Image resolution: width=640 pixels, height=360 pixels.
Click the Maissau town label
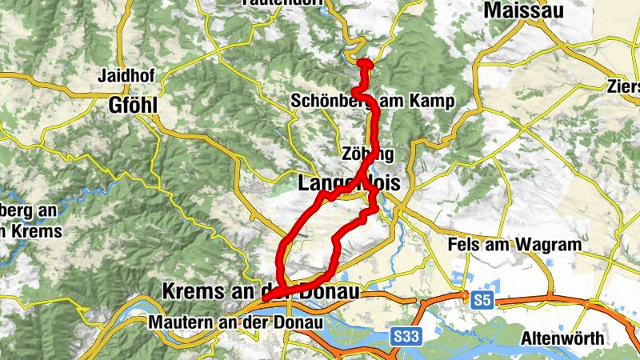(523, 11)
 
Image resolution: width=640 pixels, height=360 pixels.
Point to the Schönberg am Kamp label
(373, 102)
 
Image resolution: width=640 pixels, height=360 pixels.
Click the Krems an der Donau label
(249, 290)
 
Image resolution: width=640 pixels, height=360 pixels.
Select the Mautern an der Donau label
(236, 322)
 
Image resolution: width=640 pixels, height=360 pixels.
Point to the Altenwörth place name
(562, 338)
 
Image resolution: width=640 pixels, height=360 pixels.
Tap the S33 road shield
(407, 340)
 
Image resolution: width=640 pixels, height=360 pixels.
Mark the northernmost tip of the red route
(365, 62)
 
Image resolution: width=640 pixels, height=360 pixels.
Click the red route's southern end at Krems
(266, 298)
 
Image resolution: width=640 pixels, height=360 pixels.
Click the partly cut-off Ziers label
(623, 86)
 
